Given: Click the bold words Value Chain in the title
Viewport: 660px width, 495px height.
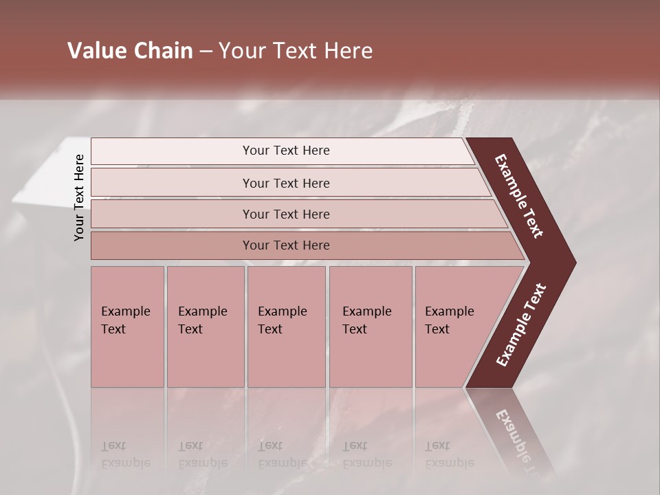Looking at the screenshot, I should [130, 51].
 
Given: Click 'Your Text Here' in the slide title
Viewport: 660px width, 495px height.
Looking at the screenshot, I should [296, 51].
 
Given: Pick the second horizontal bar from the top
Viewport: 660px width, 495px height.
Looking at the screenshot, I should [285, 183].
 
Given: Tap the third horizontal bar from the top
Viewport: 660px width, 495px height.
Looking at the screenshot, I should [285, 214].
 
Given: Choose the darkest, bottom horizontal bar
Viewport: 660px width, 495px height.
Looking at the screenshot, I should [285, 245].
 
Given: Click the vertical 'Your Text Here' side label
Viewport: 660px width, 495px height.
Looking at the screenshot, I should [79, 197].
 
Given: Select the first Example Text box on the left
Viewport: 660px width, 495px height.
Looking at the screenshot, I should [127, 327].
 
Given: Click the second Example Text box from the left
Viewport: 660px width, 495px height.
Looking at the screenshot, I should [205, 327].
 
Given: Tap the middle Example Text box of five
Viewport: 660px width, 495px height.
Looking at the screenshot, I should [285, 327].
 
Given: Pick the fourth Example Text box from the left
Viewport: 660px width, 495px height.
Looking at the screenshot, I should [370, 327].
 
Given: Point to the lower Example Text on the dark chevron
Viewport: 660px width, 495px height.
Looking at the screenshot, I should [521, 325].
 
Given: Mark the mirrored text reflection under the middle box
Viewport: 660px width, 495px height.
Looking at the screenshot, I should [282, 454].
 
